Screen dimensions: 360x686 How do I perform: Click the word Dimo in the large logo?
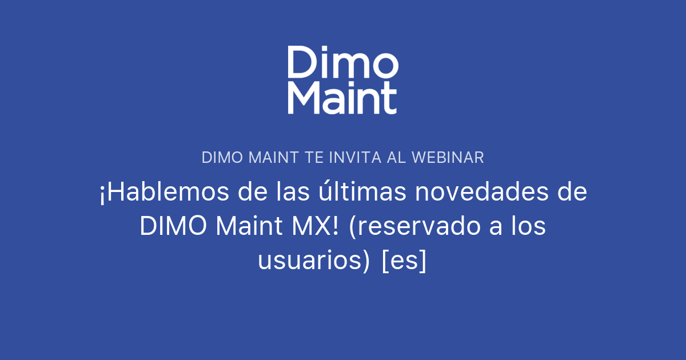click(342, 62)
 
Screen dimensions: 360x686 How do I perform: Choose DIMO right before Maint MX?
click(174, 227)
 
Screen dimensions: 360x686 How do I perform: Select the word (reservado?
click(409, 227)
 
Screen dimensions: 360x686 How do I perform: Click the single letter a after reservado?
click(490, 227)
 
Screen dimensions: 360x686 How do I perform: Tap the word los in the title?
click(527, 227)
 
